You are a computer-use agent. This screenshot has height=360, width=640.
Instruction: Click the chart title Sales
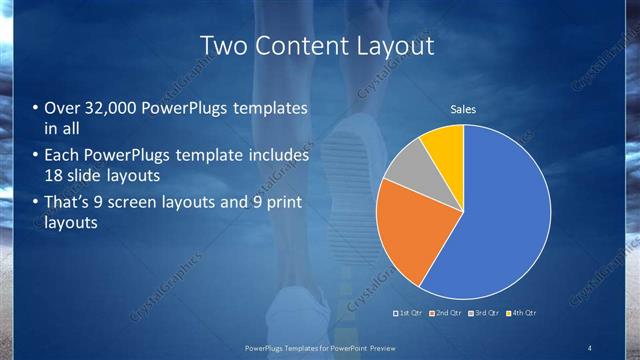(x=462, y=109)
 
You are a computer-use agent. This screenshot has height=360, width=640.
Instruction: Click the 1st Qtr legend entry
(x=409, y=313)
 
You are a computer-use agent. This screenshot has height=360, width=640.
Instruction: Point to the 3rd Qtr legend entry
(x=483, y=313)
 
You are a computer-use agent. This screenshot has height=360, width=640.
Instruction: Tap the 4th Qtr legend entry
(x=521, y=313)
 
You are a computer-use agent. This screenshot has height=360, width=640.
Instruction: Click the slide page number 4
(x=590, y=347)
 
